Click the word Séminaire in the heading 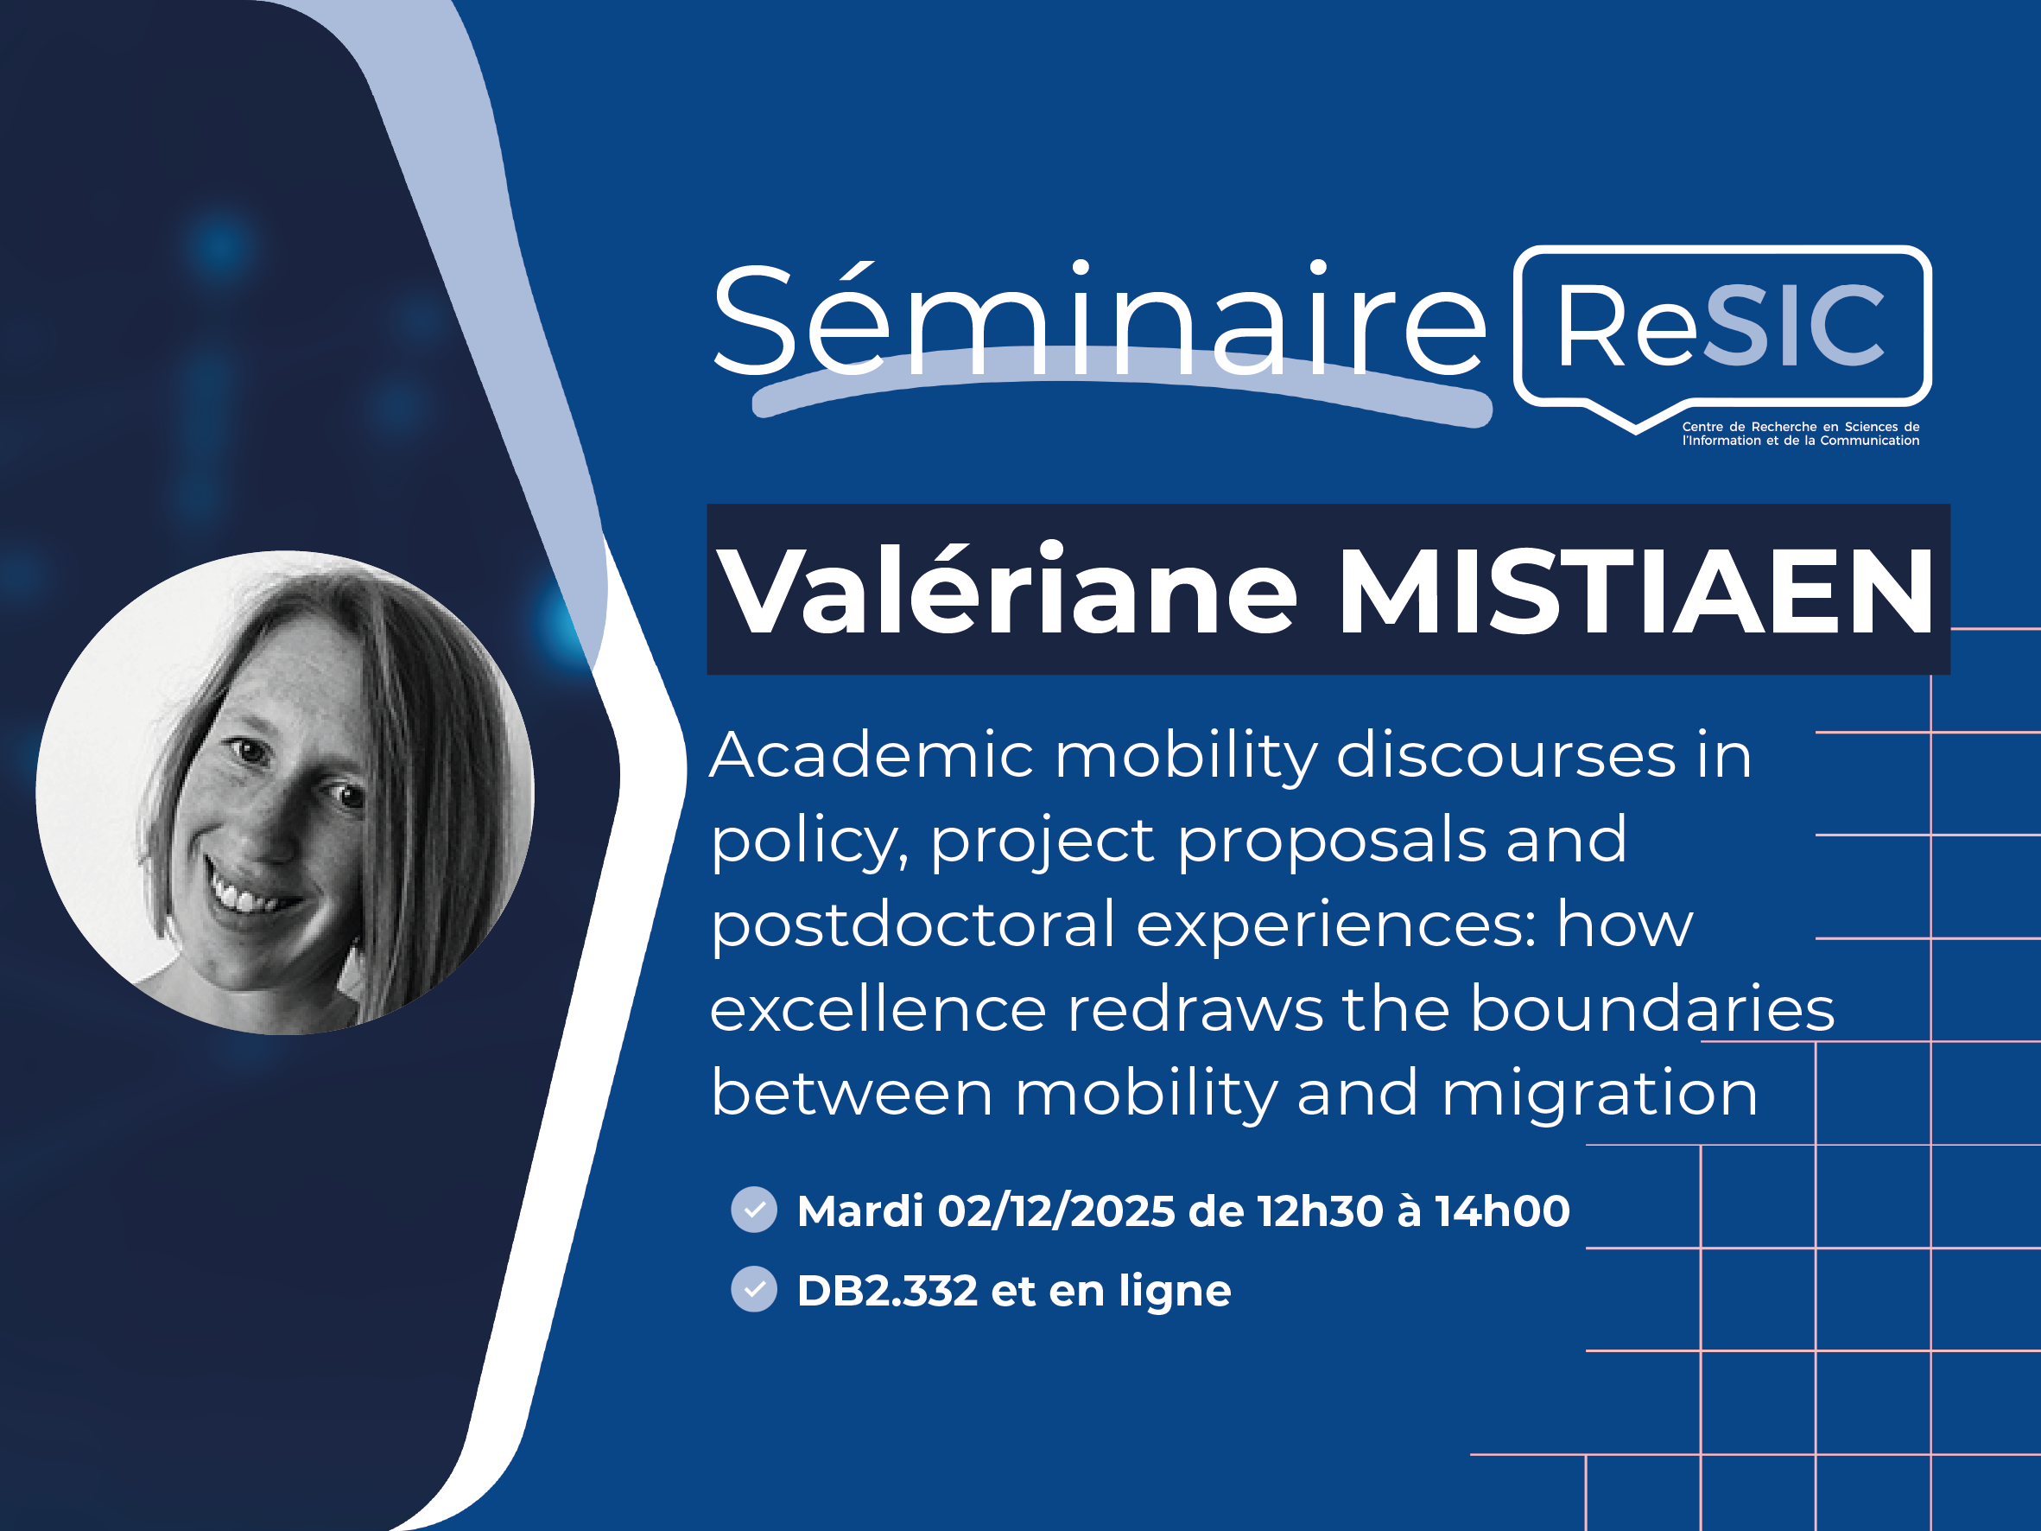(x=1098, y=318)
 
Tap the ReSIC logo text (x=1720, y=325)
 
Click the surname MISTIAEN (x=1635, y=591)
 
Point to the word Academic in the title (x=872, y=756)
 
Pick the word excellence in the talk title (x=878, y=1008)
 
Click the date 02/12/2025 (x=1056, y=1210)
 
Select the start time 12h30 (x=1321, y=1210)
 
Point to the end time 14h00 (x=1502, y=1210)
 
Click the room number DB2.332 (x=887, y=1290)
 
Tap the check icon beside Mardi (x=754, y=1209)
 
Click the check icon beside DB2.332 (x=754, y=1288)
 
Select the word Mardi (x=860, y=1210)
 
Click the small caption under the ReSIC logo (x=1800, y=434)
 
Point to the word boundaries (x=1652, y=1008)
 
